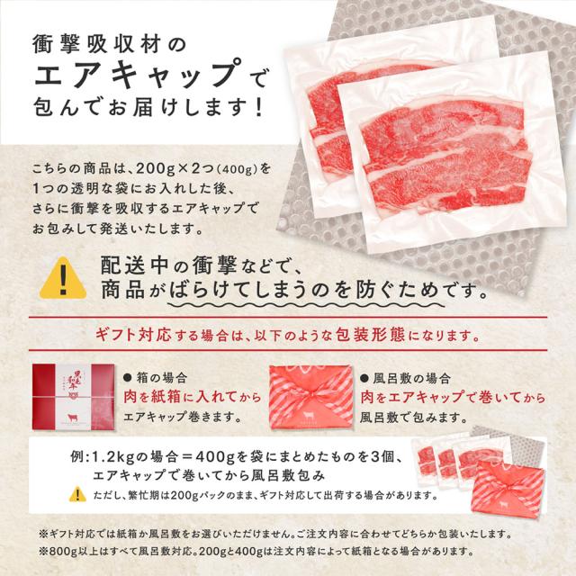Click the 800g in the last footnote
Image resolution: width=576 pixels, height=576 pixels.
[66, 548]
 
